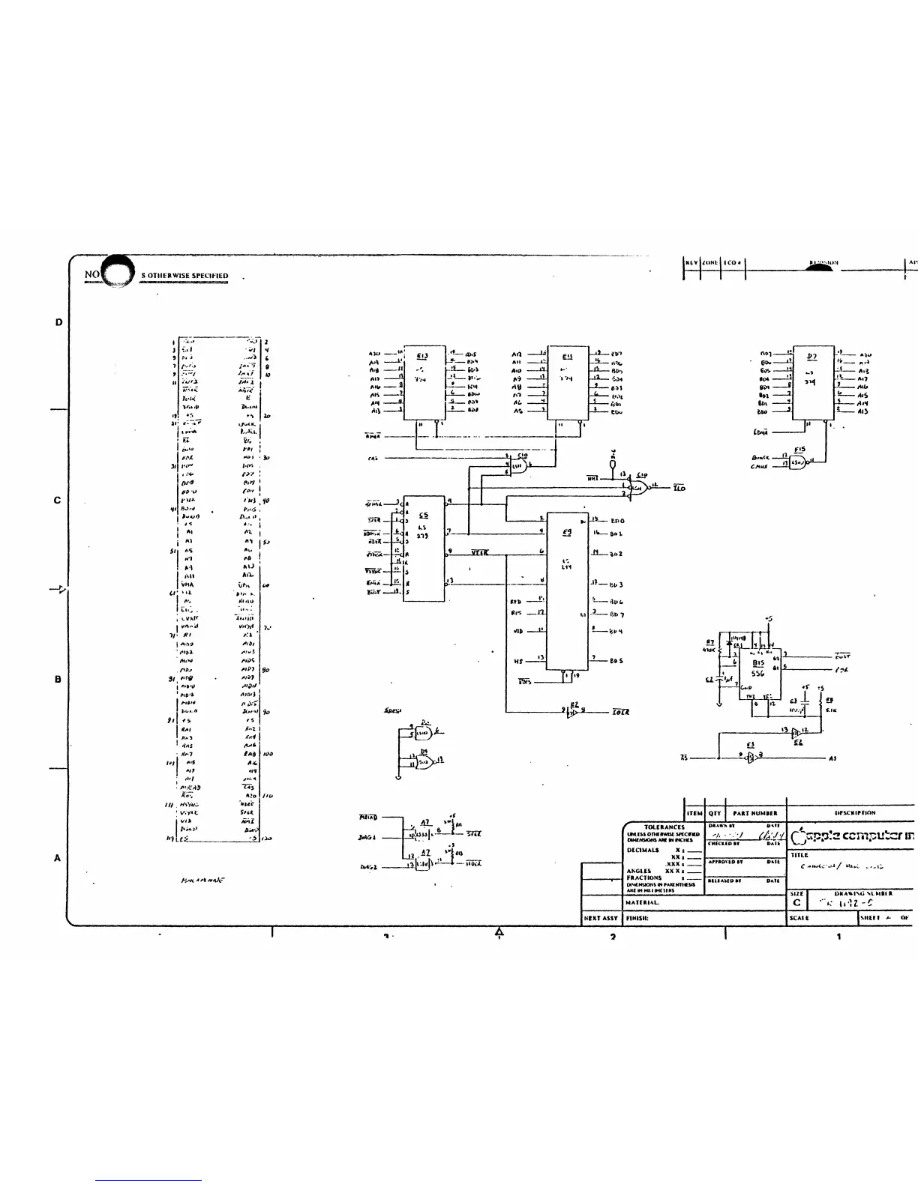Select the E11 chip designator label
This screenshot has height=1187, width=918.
point(567,356)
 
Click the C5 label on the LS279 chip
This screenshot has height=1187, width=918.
point(424,516)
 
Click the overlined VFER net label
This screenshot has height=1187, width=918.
point(479,552)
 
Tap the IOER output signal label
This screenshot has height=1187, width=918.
point(620,711)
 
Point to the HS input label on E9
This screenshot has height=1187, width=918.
point(517,660)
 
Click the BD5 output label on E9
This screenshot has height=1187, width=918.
point(616,660)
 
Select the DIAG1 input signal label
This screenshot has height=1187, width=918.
point(367,837)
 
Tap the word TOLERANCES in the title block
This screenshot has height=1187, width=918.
point(664,827)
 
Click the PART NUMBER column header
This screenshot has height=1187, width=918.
point(754,813)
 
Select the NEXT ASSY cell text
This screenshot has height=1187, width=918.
point(600,917)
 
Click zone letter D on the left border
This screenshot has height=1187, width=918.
point(58,322)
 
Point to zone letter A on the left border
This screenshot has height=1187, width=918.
point(58,858)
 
